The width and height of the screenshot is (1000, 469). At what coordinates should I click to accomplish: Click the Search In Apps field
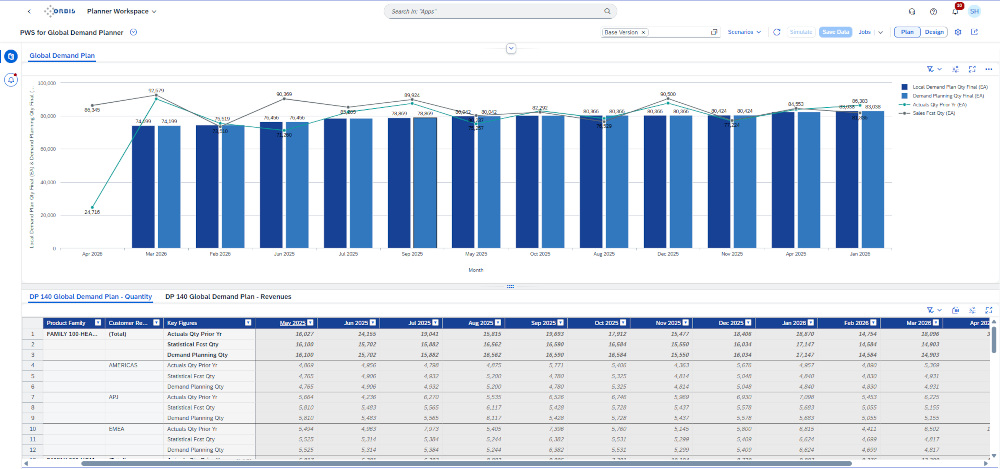coord(500,11)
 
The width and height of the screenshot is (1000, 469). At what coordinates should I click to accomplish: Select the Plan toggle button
coord(906,32)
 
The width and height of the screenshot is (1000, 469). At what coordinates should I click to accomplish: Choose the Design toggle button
coord(934,32)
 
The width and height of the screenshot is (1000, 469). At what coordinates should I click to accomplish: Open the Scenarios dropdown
coord(744,32)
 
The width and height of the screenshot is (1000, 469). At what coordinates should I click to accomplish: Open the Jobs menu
coord(867,32)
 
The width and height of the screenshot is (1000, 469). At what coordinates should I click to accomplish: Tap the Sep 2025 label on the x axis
coord(412,255)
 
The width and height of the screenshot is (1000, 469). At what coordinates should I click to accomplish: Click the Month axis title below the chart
coord(476,269)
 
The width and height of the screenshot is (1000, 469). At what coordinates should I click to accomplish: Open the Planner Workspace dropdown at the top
coord(129,11)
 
